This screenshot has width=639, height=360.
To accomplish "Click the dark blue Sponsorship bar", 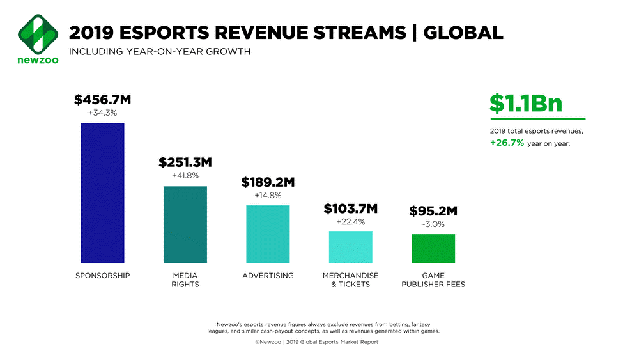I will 102,192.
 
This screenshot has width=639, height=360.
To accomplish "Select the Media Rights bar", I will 185,224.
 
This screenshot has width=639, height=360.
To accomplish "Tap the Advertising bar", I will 268,234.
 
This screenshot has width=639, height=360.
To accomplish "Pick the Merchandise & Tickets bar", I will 350,247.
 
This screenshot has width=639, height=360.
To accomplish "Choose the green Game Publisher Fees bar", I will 433,248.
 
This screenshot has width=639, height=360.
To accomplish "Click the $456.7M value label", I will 103,100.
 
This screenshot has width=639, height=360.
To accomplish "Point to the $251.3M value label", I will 185,163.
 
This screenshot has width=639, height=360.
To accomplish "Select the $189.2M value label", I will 268,182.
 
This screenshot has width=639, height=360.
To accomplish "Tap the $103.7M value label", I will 350,208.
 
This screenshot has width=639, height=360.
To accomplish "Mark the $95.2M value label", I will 433,211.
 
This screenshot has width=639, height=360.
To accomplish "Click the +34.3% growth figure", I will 103,113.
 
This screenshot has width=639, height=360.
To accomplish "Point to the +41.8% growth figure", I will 185,176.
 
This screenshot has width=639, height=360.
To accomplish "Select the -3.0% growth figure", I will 433,224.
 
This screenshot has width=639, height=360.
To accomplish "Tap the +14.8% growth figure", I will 268,195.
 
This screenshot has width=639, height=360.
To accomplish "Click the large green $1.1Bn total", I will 526,104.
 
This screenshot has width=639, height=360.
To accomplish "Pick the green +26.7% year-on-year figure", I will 507,143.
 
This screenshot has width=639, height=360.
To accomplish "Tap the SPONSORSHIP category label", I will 102,276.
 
